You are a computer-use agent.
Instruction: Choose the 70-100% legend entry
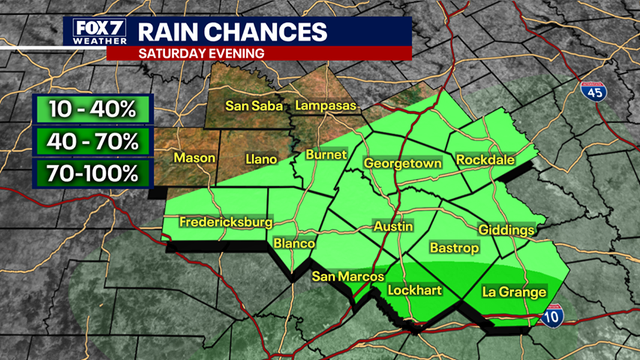[x=91, y=173]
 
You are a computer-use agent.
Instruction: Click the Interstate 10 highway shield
[x=567, y=315]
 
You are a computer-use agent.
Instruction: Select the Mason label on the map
[x=194, y=158]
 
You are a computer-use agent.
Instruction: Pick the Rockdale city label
[x=486, y=160]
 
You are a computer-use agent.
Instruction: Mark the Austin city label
[x=393, y=227]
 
